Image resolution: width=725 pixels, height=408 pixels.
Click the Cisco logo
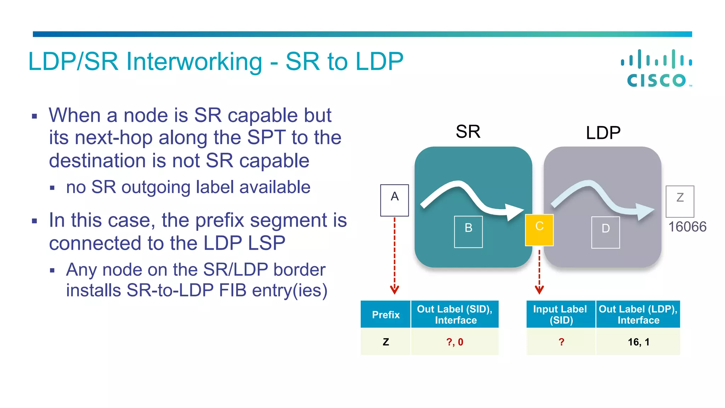tap(657, 69)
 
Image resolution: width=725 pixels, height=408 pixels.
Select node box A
tap(394, 200)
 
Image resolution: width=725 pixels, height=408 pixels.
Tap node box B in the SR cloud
tap(468, 232)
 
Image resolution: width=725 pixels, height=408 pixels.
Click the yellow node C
tap(539, 230)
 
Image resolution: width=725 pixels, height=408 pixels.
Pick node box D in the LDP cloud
tap(605, 232)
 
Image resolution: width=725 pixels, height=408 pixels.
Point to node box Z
tap(680, 201)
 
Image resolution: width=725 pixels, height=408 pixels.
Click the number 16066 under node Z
tap(687, 227)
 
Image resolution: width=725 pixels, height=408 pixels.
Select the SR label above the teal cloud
tap(468, 132)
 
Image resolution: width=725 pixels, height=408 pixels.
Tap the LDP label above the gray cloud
tap(603, 133)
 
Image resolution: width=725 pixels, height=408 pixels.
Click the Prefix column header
tap(386, 314)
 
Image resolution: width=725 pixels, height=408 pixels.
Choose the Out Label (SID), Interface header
tap(455, 314)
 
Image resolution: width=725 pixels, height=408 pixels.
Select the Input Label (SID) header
tap(561, 314)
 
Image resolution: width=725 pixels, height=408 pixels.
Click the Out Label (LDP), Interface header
tap(638, 314)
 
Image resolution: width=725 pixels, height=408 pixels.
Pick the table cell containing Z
tap(386, 342)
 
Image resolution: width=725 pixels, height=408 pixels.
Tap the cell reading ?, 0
tap(455, 342)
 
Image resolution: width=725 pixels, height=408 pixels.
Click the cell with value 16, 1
tap(638, 342)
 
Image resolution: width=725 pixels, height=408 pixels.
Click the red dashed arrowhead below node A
tap(394, 290)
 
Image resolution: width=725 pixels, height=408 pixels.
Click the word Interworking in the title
tap(194, 62)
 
